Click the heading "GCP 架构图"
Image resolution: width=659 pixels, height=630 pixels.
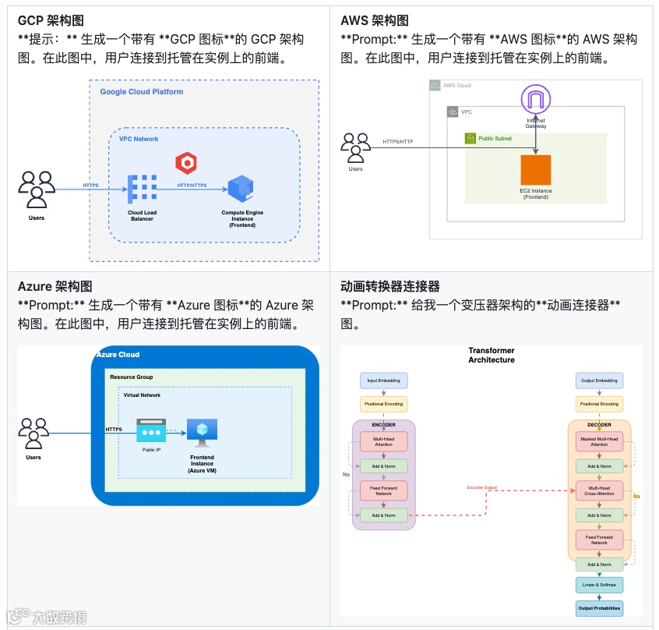[x=50, y=20]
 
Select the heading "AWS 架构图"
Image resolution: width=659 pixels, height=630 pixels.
[x=375, y=20]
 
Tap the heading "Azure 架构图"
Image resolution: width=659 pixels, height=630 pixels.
[x=55, y=286]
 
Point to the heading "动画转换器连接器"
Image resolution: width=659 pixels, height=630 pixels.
[x=390, y=286]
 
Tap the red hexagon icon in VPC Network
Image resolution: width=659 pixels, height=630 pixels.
[x=185, y=162]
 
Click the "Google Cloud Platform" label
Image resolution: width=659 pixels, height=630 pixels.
[x=142, y=92]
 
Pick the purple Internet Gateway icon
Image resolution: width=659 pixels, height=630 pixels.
[x=536, y=99]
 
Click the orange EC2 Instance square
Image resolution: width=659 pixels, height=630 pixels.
[x=536, y=170]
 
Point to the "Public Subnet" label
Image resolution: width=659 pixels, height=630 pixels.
[x=495, y=139]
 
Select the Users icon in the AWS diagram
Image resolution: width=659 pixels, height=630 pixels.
[x=355, y=147]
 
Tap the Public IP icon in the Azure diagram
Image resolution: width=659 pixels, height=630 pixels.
[x=151, y=431]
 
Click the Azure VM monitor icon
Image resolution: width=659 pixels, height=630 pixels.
[x=202, y=431]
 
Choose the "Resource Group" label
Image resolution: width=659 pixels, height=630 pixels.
[x=131, y=377]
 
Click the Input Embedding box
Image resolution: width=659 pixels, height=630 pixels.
[x=383, y=380]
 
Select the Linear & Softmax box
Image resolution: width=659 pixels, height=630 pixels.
[x=599, y=584]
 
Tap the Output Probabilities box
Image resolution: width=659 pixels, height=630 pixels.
[x=599, y=608]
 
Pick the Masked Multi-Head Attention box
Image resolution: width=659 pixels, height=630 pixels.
[x=599, y=441]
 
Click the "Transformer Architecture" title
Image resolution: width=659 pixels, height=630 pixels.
[x=492, y=356]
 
